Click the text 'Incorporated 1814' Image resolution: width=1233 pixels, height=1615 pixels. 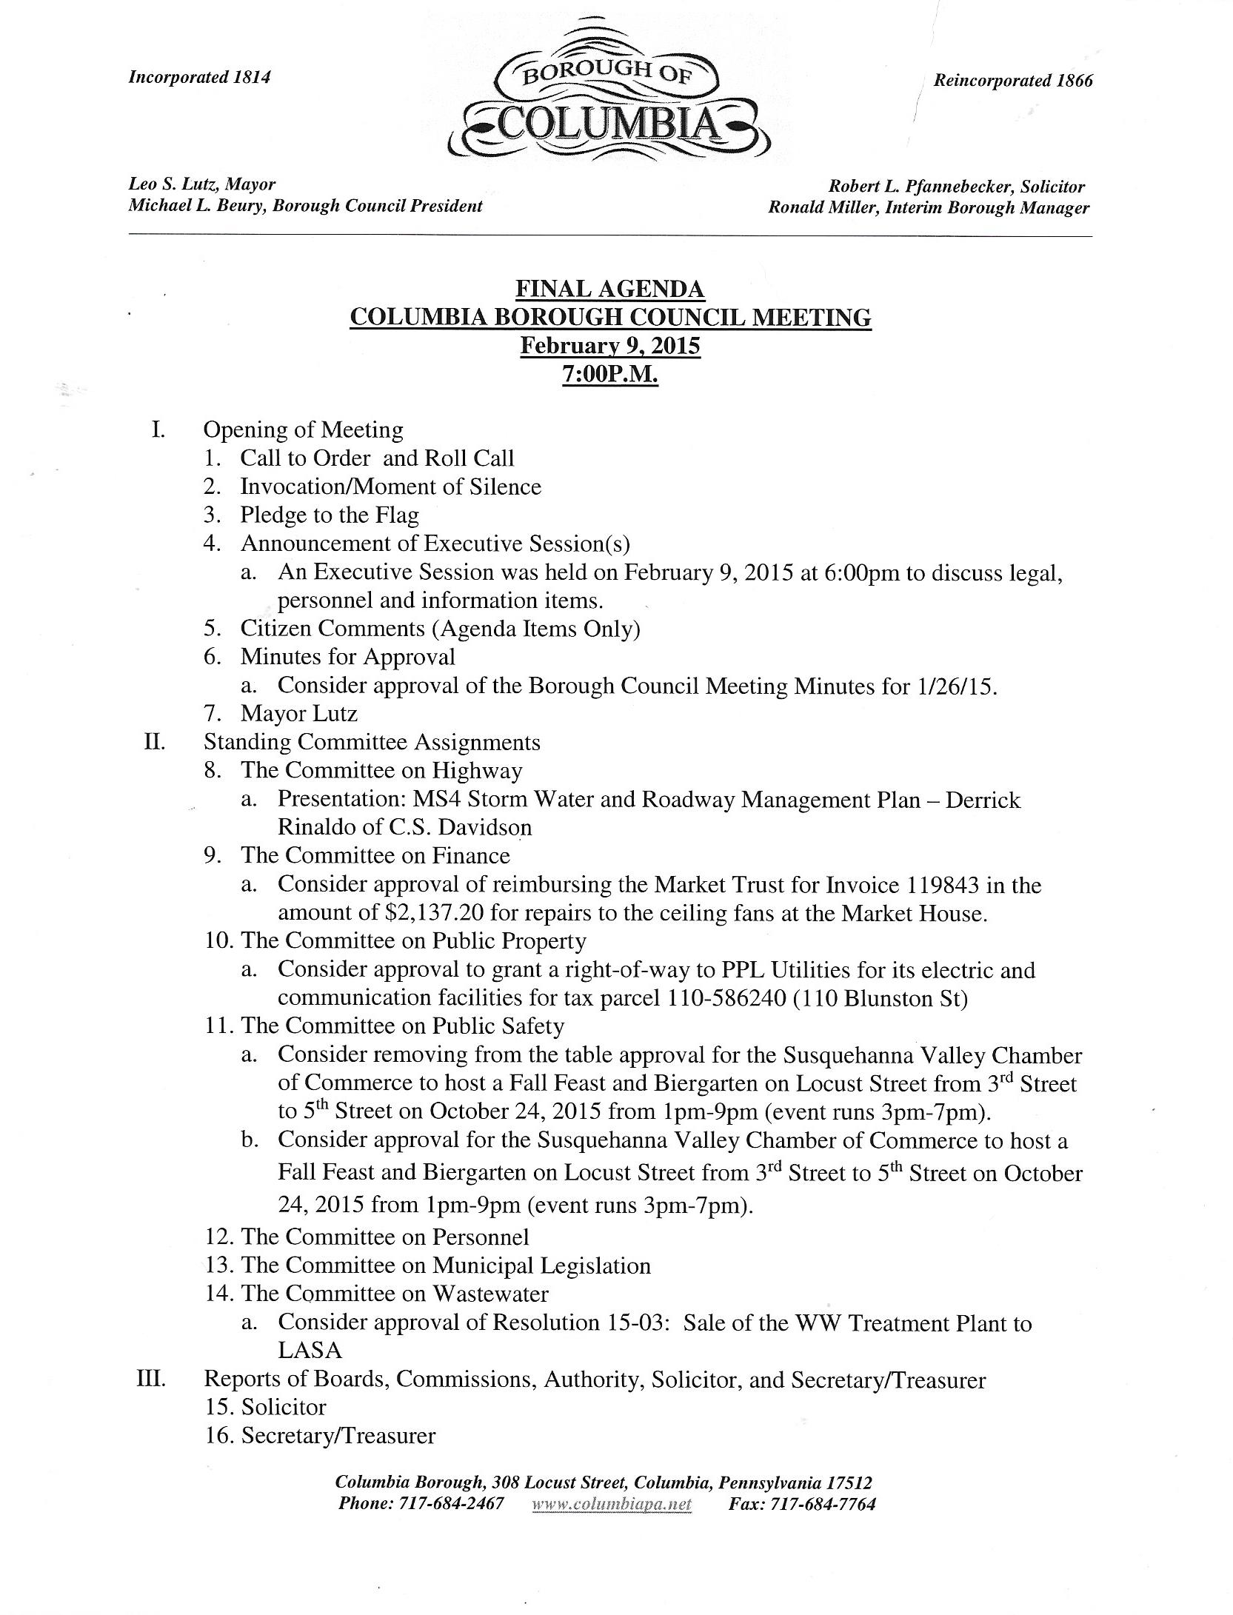point(199,77)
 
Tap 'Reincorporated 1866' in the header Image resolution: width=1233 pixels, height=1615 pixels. point(1012,81)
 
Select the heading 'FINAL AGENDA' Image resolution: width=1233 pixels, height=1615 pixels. point(610,289)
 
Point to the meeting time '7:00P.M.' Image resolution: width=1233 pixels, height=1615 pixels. point(610,375)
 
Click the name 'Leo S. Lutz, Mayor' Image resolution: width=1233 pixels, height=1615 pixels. point(202,184)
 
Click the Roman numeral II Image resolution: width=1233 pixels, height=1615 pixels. point(154,741)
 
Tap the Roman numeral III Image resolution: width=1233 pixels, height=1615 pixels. point(151,1380)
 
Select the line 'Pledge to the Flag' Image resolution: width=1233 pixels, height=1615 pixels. point(329,515)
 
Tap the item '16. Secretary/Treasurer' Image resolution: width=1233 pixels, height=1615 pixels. point(320,1436)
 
